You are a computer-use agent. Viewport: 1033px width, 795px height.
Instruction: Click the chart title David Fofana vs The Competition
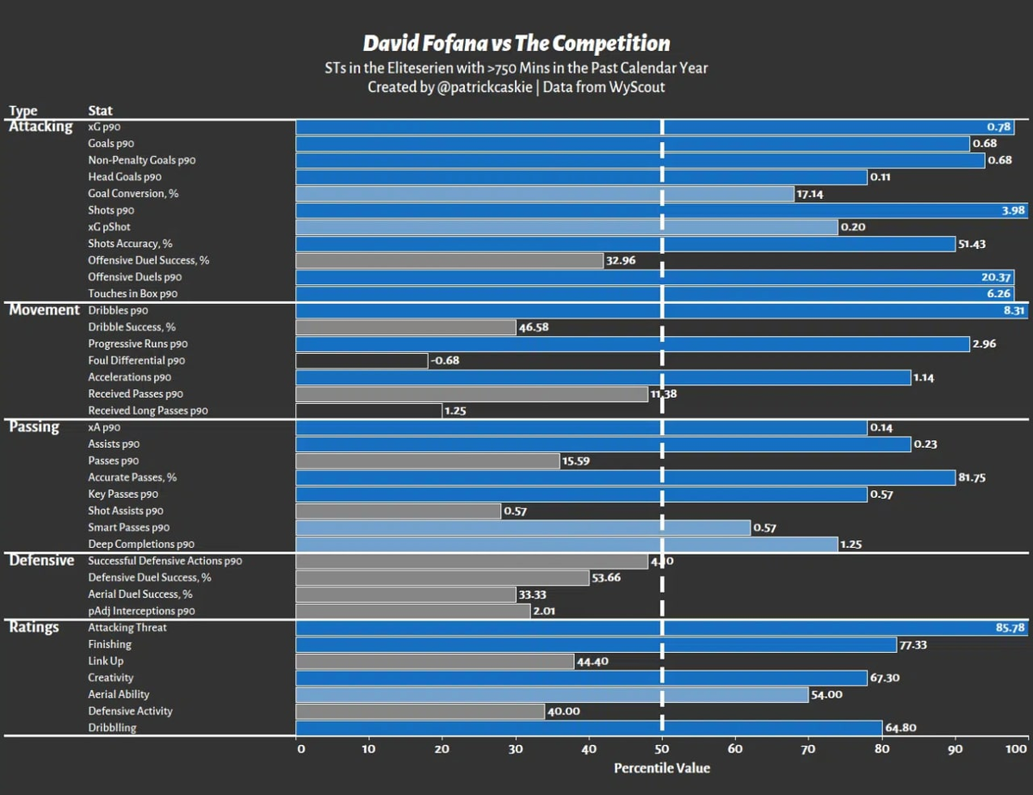pyautogui.click(x=516, y=44)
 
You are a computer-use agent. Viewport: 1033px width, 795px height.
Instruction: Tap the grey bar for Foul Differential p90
pyautogui.click(x=362, y=361)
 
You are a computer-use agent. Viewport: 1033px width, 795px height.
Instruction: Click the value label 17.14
pyautogui.click(x=810, y=194)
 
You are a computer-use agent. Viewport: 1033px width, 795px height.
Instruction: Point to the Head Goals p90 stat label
pyautogui.click(x=124, y=177)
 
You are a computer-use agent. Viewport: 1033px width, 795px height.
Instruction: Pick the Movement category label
pyautogui.click(x=44, y=310)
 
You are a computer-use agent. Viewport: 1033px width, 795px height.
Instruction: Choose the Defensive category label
pyautogui.click(x=41, y=561)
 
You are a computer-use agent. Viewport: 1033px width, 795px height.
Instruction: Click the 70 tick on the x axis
pyautogui.click(x=808, y=749)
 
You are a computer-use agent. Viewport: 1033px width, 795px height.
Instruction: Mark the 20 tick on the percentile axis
pyautogui.click(x=442, y=749)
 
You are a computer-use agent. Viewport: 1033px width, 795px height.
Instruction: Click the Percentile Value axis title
pyautogui.click(x=661, y=767)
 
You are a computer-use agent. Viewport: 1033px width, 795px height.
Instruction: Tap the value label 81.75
pyautogui.click(x=972, y=478)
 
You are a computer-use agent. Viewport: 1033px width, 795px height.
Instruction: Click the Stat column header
pyautogui.click(x=100, y=111)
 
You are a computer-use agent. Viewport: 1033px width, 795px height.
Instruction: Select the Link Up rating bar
pyautogui.click(x=435, y=661)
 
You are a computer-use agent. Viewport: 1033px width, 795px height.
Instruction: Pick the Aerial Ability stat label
pyautogui.click(x=119, y=694)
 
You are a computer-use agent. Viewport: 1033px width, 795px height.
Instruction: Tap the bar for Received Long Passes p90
pyautogui.click(x=368, y=411)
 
